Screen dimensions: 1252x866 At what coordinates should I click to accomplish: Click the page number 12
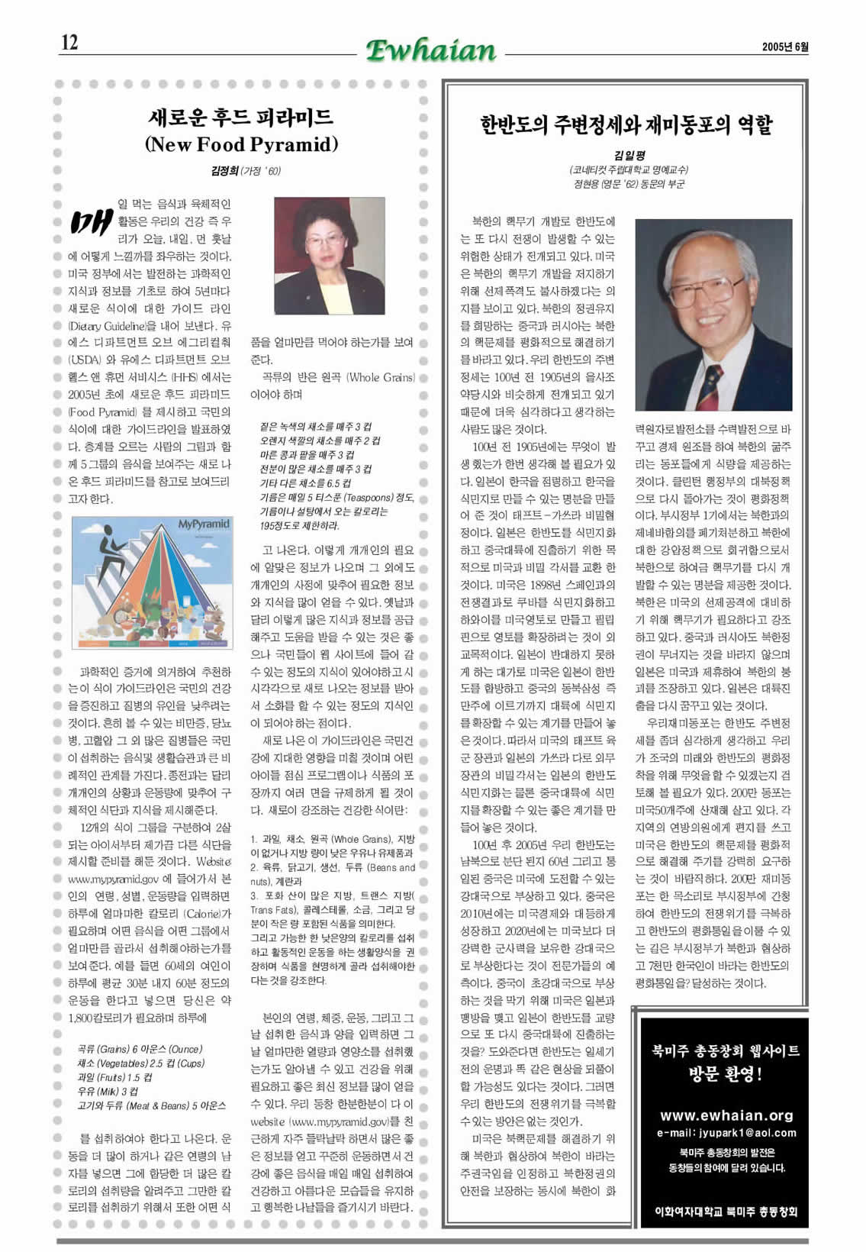[x=69, y=43]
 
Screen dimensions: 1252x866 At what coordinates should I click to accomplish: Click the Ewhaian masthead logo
[x=431, y=50]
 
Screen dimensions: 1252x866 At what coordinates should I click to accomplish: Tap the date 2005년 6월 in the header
[x=784, y=47]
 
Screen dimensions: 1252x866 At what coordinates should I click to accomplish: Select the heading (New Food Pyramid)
[x=241, y=144]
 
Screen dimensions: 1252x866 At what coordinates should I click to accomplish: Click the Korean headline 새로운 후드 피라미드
[x=241, y=118]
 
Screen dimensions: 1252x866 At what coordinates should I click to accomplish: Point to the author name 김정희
[x=224, y=171]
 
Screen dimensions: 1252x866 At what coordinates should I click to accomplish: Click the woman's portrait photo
[x=329, y=255]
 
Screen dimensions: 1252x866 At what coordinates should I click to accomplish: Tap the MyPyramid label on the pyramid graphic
[x=204, y=524]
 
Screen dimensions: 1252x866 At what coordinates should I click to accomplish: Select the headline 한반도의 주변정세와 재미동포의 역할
[x=626, y=124]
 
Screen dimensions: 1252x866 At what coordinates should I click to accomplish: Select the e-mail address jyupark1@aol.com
[x=726, y=1133]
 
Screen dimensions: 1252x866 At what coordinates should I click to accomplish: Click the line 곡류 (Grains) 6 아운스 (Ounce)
[x=140, y=1049]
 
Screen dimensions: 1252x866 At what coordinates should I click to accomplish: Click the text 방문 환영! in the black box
[x=725, y=1075]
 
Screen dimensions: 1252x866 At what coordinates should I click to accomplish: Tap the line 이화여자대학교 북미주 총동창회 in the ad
[x=726, y=1211]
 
